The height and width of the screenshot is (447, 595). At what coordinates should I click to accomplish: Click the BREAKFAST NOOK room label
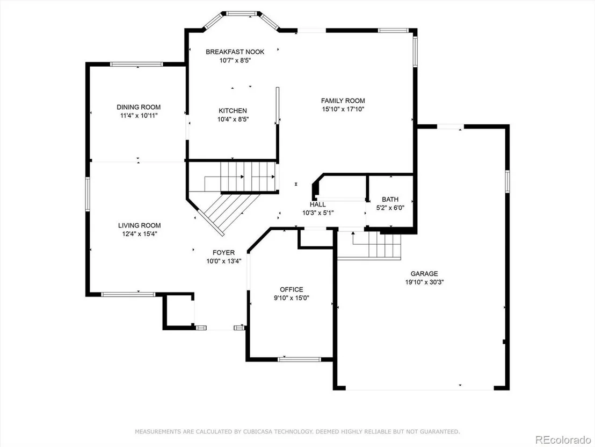click(235, 52)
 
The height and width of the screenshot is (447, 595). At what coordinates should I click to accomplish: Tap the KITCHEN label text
click(233, 111)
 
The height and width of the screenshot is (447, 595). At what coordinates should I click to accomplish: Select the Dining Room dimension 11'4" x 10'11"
click(139, 115)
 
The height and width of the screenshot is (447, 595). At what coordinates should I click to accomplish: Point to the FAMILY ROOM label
click(343, 101)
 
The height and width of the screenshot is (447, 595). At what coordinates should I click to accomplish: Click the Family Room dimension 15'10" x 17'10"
click(343, 109)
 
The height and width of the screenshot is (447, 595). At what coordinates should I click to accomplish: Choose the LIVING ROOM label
click(139, 225)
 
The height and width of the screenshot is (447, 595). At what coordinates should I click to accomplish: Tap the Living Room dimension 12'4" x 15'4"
click(139, 234)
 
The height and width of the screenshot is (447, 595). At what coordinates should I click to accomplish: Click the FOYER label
click(223, 252)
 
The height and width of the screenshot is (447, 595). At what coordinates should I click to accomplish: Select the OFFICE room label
click(292, 289)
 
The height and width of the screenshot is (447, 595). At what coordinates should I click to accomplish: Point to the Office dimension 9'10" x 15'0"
click(292, 298)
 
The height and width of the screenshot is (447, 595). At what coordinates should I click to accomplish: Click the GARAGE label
click(424, 274)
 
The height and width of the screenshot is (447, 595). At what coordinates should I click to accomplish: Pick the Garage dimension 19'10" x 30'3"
click(424, 282)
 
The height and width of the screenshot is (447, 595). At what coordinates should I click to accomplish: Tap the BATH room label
click(390, 200)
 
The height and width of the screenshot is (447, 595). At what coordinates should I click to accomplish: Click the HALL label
click(317, 204)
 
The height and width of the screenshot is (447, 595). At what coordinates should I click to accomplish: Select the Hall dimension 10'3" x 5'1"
click(318, 213)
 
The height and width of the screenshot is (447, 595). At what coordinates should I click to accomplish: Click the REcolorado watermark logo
click(563, 439)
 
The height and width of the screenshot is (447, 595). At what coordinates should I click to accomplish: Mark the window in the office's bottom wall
click(300, 359)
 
